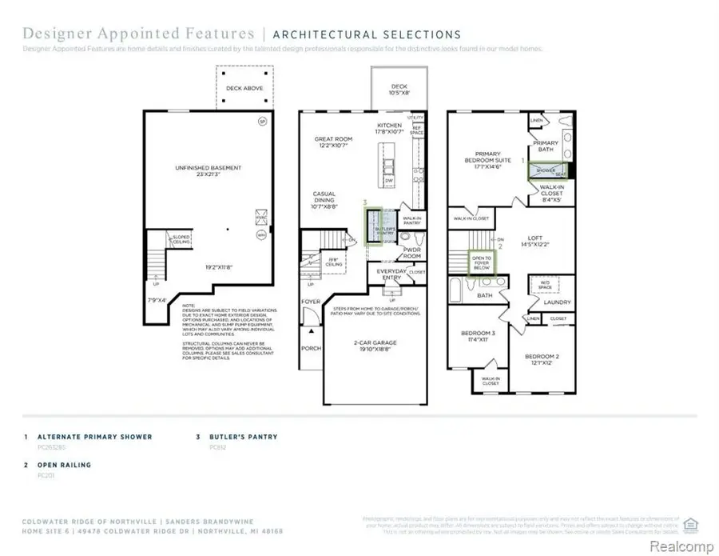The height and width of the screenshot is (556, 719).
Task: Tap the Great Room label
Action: [x=334, y=143]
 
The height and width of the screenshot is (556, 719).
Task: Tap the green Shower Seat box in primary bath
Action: [x=547, y=170]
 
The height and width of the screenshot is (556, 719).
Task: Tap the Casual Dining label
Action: [x=324, y=198]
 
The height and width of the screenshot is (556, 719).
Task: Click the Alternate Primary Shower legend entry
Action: [x=94, y=437]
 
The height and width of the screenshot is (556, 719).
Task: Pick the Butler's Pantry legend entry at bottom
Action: [x=243, y=437]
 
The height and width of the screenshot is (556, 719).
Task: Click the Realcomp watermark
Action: [x=683, y=546]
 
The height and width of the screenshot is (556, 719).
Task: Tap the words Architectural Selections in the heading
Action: [x=367, y=34]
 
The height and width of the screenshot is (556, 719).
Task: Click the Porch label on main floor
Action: [x=310, y=349]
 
